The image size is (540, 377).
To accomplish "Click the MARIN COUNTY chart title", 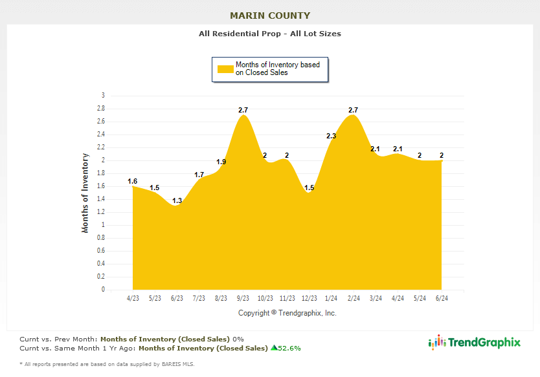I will coord(270,16).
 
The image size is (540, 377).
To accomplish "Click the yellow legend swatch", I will coord(225,69).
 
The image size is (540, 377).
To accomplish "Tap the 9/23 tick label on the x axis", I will coord(243,298).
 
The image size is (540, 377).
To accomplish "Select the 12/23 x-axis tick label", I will coord(309,298).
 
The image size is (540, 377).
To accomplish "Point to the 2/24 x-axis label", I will coord(354,298).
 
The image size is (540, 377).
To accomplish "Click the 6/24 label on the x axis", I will coord(442,298).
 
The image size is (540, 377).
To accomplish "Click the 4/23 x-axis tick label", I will coord(133,298).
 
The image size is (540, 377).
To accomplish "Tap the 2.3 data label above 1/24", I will coord(331,136).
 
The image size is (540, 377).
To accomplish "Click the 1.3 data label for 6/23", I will coord(177,200).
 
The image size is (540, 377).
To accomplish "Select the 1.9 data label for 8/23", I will coord(221,162).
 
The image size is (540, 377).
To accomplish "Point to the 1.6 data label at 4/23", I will coord(133,181).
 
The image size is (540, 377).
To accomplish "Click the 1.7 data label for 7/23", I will coord(199,175).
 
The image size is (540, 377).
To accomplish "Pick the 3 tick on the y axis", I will coord(102,96).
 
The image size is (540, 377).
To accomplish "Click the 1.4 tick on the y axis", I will coord(101,199).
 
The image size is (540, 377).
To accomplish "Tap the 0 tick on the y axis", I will coord(102,290).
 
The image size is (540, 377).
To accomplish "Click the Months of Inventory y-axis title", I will coord(85,193).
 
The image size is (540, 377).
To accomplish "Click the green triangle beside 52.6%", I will coord(274,348).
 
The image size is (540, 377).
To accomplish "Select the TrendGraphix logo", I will coord(475,343).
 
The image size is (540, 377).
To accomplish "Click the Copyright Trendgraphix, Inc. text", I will coord(287,313).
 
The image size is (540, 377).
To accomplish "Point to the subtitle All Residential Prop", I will coord(270,34).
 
